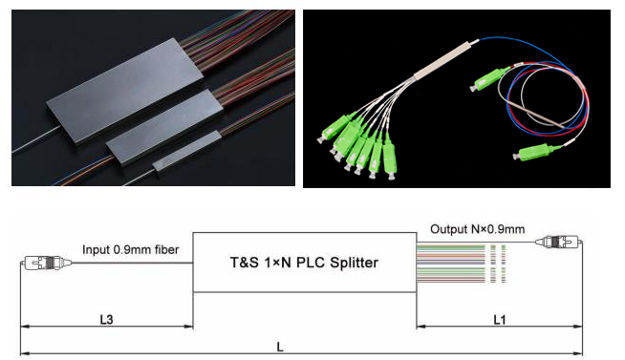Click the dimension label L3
pos(106,319)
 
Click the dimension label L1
pos(500,319)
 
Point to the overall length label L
pos(280,347)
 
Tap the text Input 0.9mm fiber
pos(130,249)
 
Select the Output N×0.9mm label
pos(477,229)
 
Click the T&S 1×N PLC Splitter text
pos(304,263)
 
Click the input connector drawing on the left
pos(46,263)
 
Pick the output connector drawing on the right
pos(558,242)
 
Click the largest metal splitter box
pos(124,91)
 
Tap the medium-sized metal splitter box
pos(164,125)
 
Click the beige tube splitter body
pos(444,60)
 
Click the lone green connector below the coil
pos(533,152)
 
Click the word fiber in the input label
pos(166,249)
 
